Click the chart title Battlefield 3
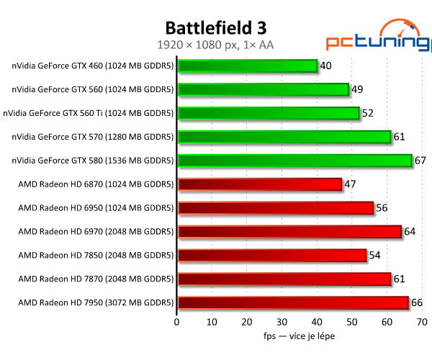click(x=216, y=28)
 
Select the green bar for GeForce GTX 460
click(x=247, y=66)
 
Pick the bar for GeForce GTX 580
click(x=294, y=161)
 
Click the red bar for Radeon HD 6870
click(x=259, y=184)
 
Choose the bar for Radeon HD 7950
click(x=292, y=302)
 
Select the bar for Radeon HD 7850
click(x=271, y=255)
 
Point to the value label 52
click(x=369, y=113)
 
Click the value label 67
click(x=421, y=161)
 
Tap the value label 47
click(x=351, y=184)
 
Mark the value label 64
click(x=410, y=232)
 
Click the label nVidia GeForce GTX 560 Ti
click(x=88, y=113)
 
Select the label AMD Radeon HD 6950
click(x=96, y=208)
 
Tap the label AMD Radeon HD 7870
click(x=96, y=279)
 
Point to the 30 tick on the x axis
click(x=282, y=322)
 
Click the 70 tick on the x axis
click(x=422, y=322)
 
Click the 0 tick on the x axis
click(x=177, y=322)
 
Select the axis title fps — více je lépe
click(x=299, y=336)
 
